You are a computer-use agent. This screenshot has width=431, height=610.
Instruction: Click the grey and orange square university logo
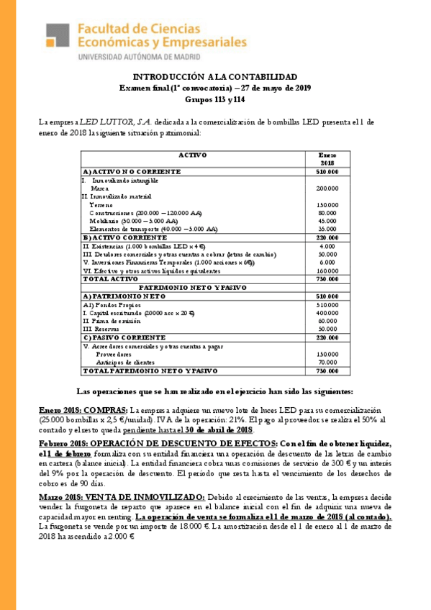point(59,40)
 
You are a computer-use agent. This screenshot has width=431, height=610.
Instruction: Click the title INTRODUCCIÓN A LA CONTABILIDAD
point(214,77)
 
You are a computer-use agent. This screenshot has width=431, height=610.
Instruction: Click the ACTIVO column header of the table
point(192,155)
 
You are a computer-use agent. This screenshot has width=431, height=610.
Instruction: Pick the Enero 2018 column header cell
point(327,159)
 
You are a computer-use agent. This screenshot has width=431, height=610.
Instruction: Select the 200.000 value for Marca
point(327,188)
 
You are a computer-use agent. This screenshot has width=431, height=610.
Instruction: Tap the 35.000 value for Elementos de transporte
point(327,229)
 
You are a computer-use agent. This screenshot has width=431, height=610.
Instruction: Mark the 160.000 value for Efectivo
point(327,270)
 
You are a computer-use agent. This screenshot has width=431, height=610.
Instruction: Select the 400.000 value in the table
point(327,313)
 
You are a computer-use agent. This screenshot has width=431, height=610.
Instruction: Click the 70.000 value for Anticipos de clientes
point(327,363)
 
